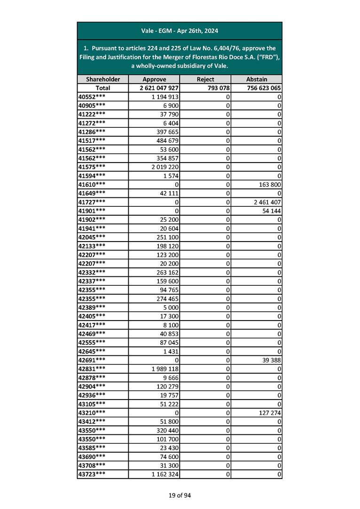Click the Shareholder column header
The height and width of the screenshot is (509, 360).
pyautogui.click(x=103, y=79)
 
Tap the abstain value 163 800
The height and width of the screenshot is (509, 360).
pyautogui.click(x=269, y=185)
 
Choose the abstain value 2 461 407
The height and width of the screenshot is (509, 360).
pyautogui.click(x=266, y=203)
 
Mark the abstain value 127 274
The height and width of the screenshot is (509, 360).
pyautogui.click(x=269, y=413)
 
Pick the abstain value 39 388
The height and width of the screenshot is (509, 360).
pyautogui.click(x=271, y=360)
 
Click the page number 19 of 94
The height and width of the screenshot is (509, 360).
pyautogui.click(x=180, y=495)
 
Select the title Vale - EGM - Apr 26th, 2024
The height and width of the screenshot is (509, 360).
pyautogui.click(x=180, y=31)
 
